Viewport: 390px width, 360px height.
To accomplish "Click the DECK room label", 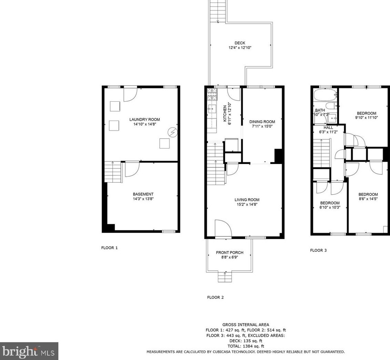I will pyautogui.click(x=240, y=43).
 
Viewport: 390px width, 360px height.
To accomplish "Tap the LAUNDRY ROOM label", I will pyautogui.click(x=145, y=120).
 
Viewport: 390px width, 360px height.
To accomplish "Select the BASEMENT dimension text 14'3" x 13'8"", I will pyautogui.click(x=143, y=199).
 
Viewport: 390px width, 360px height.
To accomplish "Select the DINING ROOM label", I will pyautogui.click(x=262, y=122).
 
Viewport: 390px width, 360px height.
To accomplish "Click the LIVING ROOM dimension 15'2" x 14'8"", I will pyautogui.click(x=247, y=204).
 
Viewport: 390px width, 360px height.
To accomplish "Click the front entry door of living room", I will pyautogui.click(x=223, y=229).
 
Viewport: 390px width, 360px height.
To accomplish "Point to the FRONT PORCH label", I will pyautogui.click(x=230, y=253).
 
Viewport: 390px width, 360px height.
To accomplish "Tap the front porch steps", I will pyautogui.click(x=225, y=277).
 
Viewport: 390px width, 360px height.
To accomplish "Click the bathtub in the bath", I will pyautogui.click(x=325, y=94).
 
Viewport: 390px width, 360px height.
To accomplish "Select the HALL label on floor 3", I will pyautogui.click(x=328, y=127).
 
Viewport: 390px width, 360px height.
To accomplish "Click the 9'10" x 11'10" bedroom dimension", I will pyautogui.click(x=366, y=117).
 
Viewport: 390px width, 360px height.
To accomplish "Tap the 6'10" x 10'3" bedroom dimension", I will pyautogui.click(x=330, y=207).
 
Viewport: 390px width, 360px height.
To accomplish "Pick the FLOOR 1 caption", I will pyautogui.click(x=109, y=248).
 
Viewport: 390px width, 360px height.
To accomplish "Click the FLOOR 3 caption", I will pyautogui.click(x=318, y=250).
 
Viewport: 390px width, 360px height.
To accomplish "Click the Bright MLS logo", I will pyautogui.click(x=29, y=351).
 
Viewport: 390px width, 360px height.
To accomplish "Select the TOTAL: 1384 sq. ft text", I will pyautogui.click(x=245, y=346).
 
